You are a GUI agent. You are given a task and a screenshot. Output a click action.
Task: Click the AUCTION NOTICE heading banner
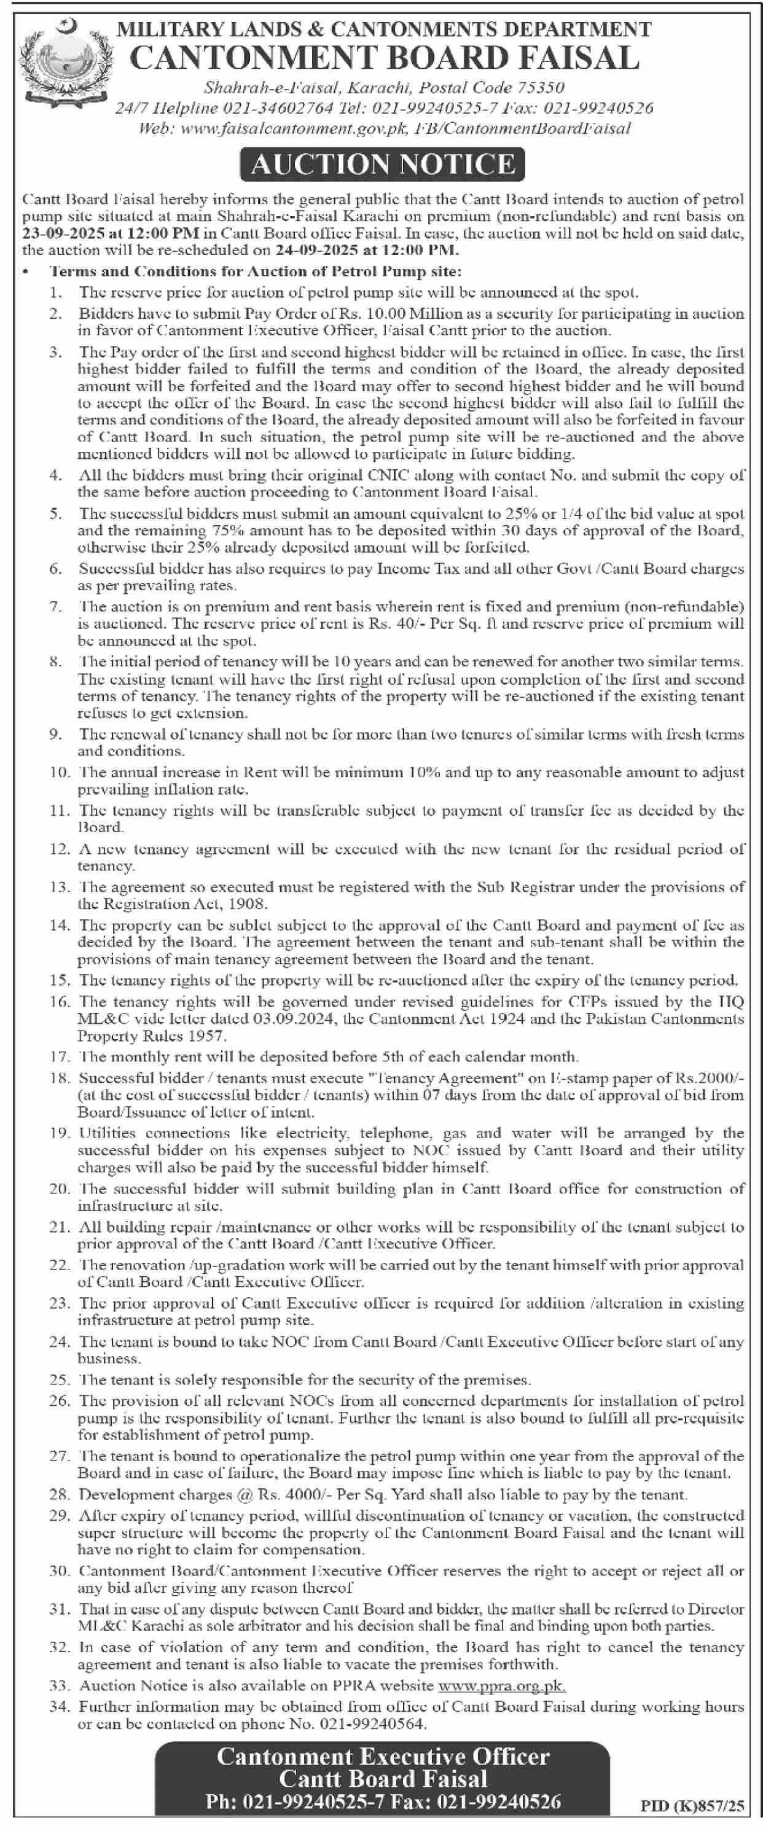(383, 165)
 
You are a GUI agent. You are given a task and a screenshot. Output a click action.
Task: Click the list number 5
(56, 513)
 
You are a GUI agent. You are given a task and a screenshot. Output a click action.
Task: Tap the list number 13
(59, 887)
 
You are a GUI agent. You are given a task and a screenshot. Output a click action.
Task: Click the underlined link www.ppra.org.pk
(502, 1685)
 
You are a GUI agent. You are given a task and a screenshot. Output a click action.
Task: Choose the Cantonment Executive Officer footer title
(383, 1757)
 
